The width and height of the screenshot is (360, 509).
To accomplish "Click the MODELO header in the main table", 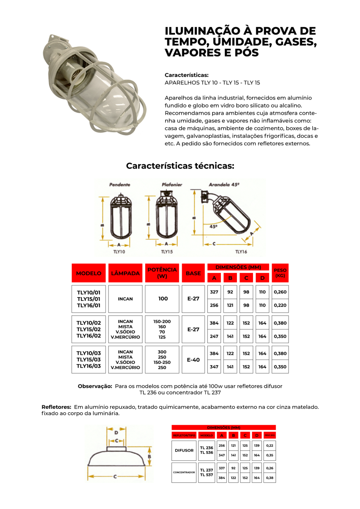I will point(89,273).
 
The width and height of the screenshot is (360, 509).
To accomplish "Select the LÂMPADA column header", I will point(125,273).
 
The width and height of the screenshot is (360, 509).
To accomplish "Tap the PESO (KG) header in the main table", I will point(280,273).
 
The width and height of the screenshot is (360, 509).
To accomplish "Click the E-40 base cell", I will point(193,360).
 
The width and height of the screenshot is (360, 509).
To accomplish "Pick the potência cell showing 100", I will point(163,299).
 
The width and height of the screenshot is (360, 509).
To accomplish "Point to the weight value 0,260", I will point(280,292).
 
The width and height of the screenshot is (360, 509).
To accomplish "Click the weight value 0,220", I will point(280,305).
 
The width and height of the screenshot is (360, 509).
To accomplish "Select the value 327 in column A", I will point(214,292).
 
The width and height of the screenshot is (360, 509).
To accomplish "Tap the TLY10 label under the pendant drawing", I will point(119,252).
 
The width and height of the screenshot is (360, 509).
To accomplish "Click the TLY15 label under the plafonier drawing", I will point(167,252).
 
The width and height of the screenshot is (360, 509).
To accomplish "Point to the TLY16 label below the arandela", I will point(241,252).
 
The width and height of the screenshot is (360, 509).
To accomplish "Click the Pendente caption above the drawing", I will point(120,185).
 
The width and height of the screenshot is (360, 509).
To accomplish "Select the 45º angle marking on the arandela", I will point(213,227).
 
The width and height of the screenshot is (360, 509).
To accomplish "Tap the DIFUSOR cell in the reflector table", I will point(184,450).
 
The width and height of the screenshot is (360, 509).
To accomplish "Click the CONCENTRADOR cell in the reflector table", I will point(184,473).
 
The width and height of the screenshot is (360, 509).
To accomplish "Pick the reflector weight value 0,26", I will point(270,468).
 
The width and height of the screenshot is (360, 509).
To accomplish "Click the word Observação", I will point(95,386).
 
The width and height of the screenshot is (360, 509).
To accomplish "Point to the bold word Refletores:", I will point(56,407).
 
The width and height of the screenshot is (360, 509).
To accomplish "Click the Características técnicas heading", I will point(180,166).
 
